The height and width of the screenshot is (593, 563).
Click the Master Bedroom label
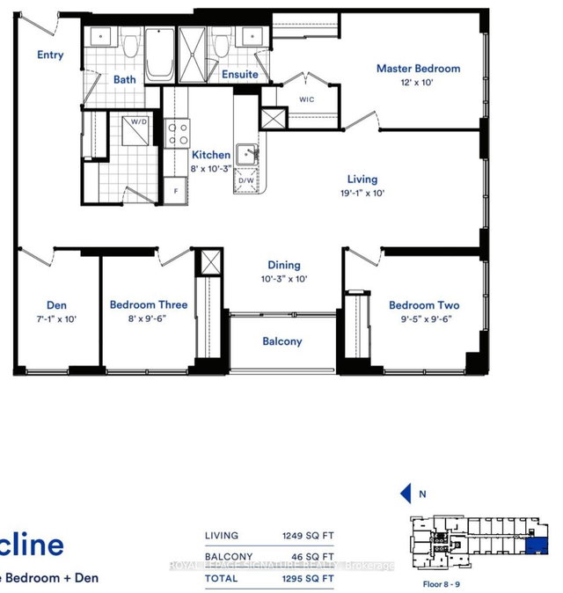point(418,69)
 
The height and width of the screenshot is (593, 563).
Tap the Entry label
point(50,55)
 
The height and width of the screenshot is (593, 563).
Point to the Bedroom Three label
point(148,305)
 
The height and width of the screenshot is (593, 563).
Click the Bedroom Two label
point(424,305)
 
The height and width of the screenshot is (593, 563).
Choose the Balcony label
point(281,341)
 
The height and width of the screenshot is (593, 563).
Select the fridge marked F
point(176,190)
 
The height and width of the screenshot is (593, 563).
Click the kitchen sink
point(249,155)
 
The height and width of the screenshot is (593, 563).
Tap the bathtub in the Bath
point(159,55)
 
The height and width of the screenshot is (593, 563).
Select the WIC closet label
point(305,99)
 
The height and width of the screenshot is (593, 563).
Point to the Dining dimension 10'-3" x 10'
point(283,279)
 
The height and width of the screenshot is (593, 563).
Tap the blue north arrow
point(406,494)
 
